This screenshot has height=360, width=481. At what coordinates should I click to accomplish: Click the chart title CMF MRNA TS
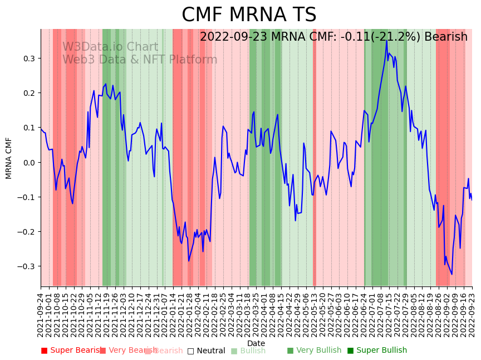(249, 15)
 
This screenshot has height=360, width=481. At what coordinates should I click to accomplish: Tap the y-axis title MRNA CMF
(9, 158)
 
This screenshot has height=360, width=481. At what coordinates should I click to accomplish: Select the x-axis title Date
(256, 343)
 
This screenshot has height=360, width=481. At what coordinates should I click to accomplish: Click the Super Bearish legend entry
(71, 351)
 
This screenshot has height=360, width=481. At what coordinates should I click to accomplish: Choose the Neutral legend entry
(206, 351)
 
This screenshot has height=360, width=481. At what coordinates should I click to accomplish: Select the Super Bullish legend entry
(377, 351)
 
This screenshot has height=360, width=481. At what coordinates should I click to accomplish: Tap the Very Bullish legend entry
(314, 351)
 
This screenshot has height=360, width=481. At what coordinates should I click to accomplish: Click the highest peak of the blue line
(386, 40)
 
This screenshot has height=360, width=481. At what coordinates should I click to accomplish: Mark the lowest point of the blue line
(451, 274)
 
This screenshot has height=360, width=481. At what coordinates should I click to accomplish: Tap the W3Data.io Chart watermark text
(110, 47)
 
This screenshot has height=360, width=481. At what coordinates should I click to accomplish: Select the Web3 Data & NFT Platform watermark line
(140, 60)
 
